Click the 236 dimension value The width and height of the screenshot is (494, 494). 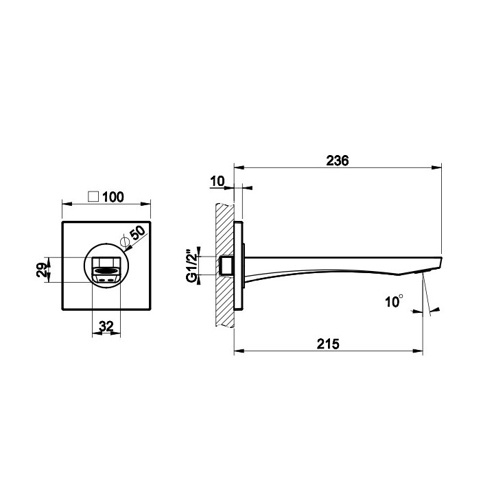(338, 161)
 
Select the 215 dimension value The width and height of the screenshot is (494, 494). (328, 344)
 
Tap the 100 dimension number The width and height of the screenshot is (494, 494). (113, 197)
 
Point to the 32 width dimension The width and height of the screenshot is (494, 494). (106, 326)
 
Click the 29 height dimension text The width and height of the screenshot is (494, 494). (42, 270)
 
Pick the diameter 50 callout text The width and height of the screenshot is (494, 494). (138, 233)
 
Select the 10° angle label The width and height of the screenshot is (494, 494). (394, 301)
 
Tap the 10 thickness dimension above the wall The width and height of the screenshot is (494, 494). (217, 181)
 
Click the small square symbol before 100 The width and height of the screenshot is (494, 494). (93, 197)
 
